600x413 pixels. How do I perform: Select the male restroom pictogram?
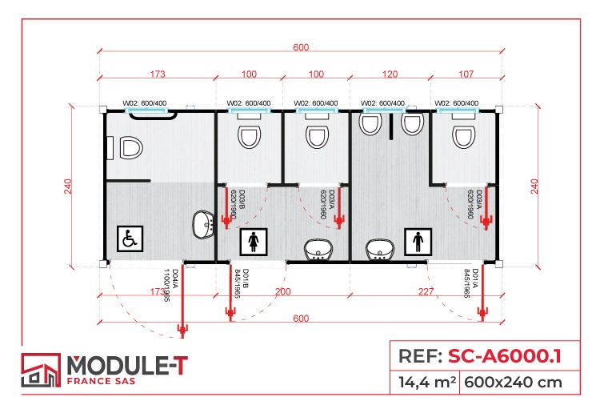[418, 240]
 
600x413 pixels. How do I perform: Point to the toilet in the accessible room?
[129, 148]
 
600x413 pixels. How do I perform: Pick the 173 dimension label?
[157, 74]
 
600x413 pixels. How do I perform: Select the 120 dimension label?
[390, 74]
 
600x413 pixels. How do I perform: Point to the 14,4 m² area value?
[426, 382]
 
